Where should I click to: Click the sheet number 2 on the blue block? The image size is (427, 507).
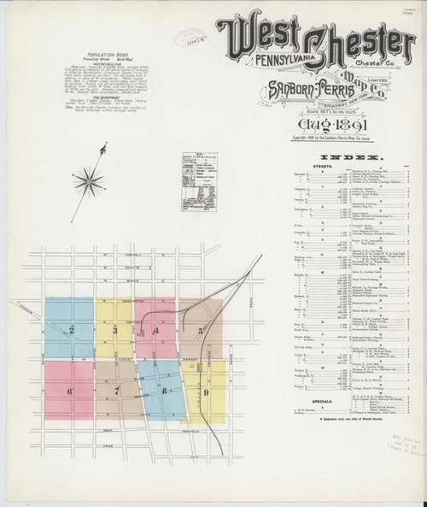tap(72, 330)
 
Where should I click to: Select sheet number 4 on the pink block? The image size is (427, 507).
tap(155, 330)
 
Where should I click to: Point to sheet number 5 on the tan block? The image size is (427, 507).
tap(200, 330)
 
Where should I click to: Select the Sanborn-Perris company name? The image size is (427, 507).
tap(306, 88)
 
